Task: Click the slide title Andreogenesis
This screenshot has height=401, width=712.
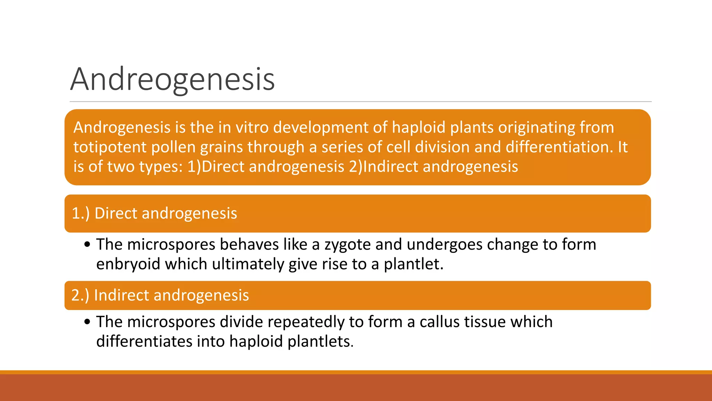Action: coord(172,79)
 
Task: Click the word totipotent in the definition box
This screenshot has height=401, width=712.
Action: coord(110,147)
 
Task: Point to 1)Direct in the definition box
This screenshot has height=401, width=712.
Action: coord(216,167)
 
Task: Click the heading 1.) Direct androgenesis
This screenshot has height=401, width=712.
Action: coord(154,213)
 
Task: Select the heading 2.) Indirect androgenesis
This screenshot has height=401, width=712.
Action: coord(160,296)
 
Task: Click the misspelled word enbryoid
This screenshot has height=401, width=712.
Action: coord(128,264)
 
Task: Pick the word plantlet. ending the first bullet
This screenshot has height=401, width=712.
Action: coord(413,264)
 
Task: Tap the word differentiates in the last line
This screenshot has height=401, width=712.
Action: coord(144,341)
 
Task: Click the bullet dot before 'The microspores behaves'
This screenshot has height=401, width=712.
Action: coord(87,245)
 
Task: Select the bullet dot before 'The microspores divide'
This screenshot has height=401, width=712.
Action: coord(87,322)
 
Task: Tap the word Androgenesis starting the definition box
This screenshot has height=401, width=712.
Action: coord(122,127)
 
